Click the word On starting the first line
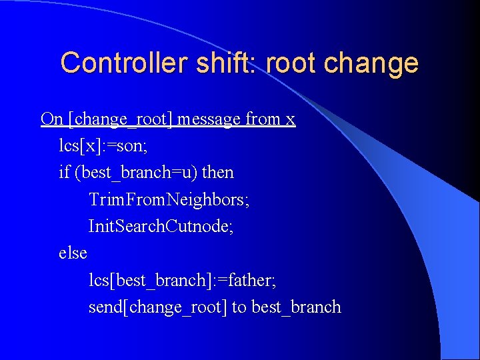(x=52, y=119)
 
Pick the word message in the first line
(x=209, y=120)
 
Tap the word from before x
(x=263, y=119)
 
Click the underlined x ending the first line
(x=290, y=121)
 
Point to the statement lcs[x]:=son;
(x=105, y=146)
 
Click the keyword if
(x=64, y=173)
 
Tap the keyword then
(x=218, y=173)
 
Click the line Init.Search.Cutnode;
(x=161, y=227)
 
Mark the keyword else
(x=73, y=253)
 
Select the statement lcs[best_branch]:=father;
(x=182, y=281)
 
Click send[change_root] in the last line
(x=157, y=307)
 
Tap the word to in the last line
(x=239, y=307)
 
